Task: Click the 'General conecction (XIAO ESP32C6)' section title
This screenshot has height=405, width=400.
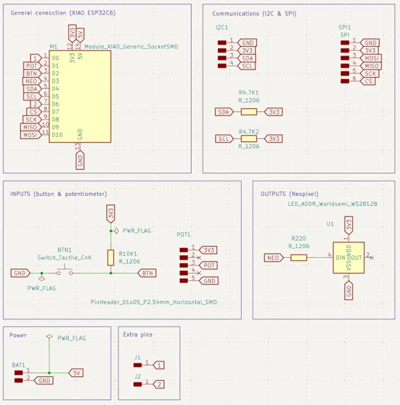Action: [63, 13]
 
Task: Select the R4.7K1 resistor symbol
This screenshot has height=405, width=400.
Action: [249, 111]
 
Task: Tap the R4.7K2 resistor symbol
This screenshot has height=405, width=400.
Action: [249, 138]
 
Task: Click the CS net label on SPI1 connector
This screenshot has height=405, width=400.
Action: [369, 81]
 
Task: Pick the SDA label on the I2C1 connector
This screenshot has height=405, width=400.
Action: [247, 58]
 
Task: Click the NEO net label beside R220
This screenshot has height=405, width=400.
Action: [273, 257]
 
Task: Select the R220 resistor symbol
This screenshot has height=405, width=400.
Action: [299, 257]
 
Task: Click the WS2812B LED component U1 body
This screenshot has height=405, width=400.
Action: [348, 257]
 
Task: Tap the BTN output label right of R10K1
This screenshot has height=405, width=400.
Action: [148, 273]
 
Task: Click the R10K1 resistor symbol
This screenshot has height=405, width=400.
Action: [111, 257]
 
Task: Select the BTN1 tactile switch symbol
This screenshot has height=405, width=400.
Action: [63, 272]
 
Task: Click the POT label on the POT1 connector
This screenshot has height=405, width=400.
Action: [209, 265]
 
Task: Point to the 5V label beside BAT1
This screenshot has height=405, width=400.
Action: [76, 372]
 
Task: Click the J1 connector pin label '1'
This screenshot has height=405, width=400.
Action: [160, 364]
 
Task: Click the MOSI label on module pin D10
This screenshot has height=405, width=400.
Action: [29, 135]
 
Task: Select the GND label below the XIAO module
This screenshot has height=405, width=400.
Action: [80, 161]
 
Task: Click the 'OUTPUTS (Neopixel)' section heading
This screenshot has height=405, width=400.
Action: [289, 194]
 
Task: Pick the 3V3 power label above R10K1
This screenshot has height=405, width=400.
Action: [111, 213]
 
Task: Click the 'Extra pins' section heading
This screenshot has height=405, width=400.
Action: [138, 334]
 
